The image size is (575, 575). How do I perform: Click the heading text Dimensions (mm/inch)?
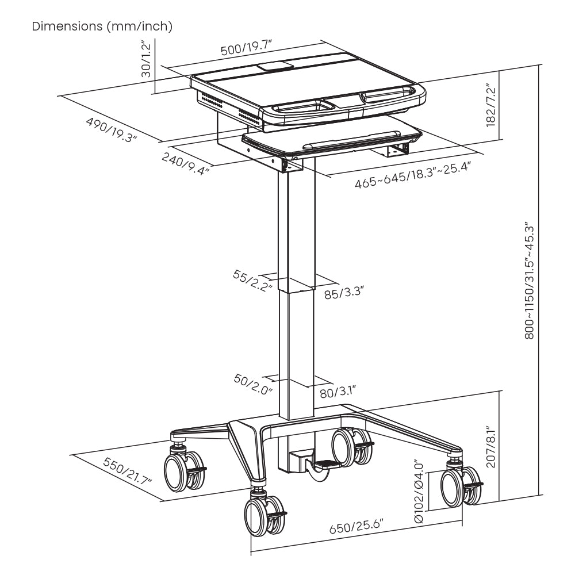tap(102, 26)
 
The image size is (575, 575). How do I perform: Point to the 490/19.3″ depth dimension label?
tap(111, 131)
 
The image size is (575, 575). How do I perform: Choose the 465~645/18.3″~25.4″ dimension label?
tap(412, 176)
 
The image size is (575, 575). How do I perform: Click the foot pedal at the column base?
tap(327, 463)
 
